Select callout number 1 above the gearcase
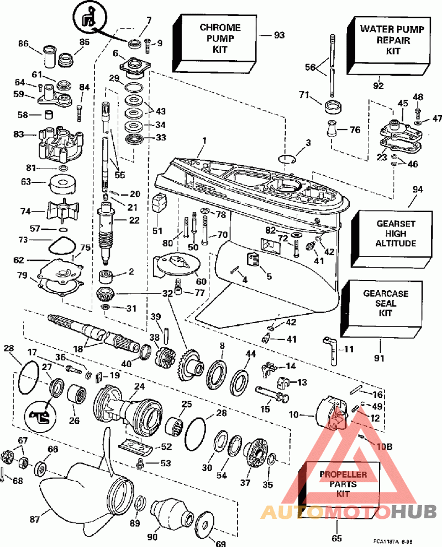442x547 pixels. (x=203, y=140)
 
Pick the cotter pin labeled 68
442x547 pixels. (x=4, y=473)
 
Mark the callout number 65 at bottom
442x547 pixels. (x=336, y=538)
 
